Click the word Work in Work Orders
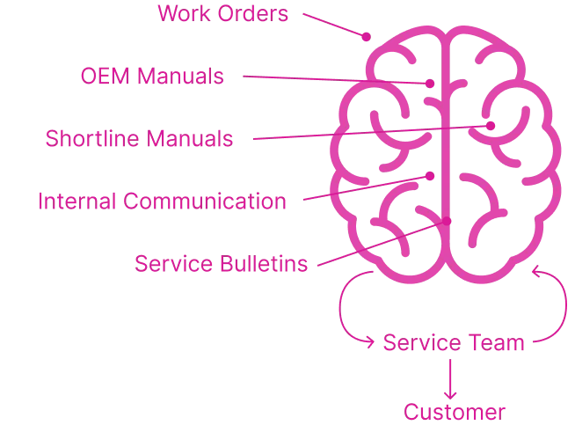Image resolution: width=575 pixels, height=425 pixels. [186, 15]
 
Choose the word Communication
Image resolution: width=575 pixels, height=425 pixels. [205, 202]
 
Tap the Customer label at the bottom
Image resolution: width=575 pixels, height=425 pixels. [455, 412]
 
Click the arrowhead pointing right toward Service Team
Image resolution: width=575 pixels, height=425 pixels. [368, 341]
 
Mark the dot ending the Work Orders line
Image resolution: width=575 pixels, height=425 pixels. [368, 37]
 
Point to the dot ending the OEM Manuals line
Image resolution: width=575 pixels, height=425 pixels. [431, 84]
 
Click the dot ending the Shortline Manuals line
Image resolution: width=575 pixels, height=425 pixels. [493, 126]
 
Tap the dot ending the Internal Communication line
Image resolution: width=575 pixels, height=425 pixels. [431, 177]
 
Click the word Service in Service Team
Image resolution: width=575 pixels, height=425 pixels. [416, 342]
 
